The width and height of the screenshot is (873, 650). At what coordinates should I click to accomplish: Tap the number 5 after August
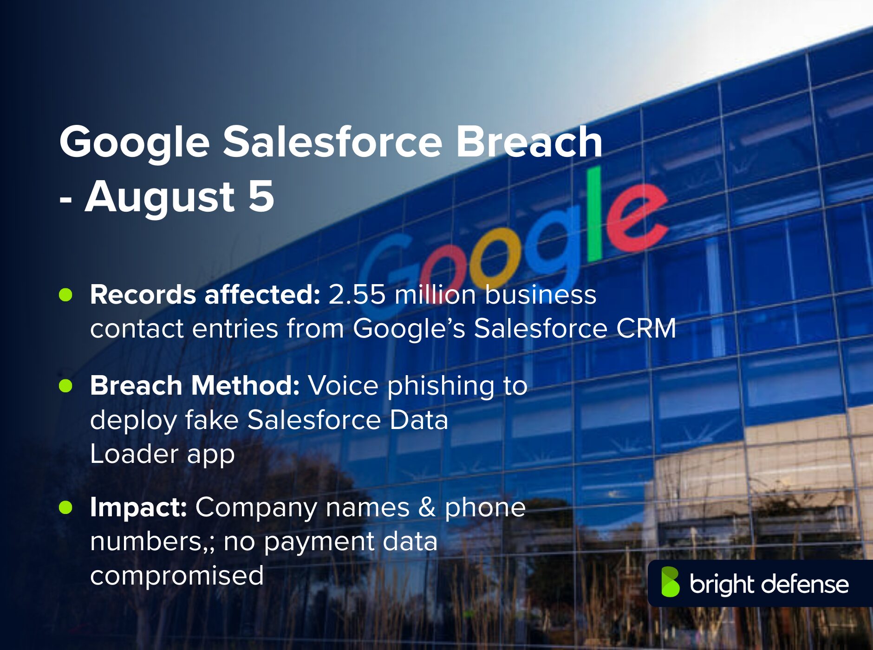pyautogui.click(x=261, y=196)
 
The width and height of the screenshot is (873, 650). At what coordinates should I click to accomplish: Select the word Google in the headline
pyautogui.click(x=135, y=143)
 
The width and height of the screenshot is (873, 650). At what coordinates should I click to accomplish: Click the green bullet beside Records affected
pyautogui.click(x=66, y=295)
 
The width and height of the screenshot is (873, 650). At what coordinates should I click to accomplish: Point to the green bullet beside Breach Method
pyautogui.click(x=66, y=386)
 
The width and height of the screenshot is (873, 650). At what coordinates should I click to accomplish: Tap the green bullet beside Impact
pyautogui.click(x=66, y=507)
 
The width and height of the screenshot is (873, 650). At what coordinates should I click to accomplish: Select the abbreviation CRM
pyautogui.click(x=646, y=329)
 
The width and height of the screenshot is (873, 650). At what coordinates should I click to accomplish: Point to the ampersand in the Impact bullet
pyautogui.click(x=427, y=507)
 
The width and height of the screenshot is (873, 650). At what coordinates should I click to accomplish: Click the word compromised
pyautogui.click(x=177, y=576)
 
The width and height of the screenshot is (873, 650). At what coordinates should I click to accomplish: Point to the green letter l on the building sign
pyautogui.click(x=594, y=214)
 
